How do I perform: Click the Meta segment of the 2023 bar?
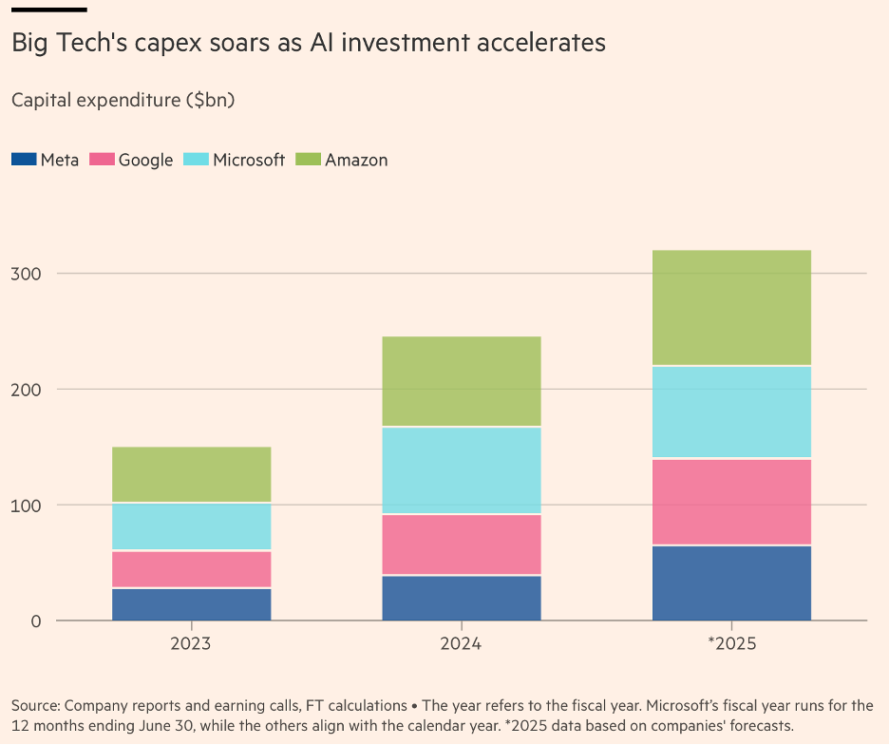(x=191, y=604)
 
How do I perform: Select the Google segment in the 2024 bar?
(x=461, y=544)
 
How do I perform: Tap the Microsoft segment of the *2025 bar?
(x=731, y=411)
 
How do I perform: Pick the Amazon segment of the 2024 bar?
(x=461, y=381)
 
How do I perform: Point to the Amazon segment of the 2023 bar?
(x=191, y=474)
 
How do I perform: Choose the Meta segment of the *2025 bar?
(x=731, y=583)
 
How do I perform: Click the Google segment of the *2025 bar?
(x=731, y=502)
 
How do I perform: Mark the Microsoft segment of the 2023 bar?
(x=191, y=526)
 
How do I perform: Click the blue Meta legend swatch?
(x=24, y=160)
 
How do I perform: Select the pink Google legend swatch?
(x=102, y=160)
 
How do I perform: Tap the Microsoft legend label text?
(x=249, y=160)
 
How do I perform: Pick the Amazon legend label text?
(x=356, y=160)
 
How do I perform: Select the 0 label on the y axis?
(x=36, y=621)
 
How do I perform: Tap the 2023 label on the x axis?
(x=191, y=643)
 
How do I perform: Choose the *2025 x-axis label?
(x=731, y=643)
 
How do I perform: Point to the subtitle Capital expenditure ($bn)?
(x=123, y=100)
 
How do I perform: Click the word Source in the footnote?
(x=35, y=705)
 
